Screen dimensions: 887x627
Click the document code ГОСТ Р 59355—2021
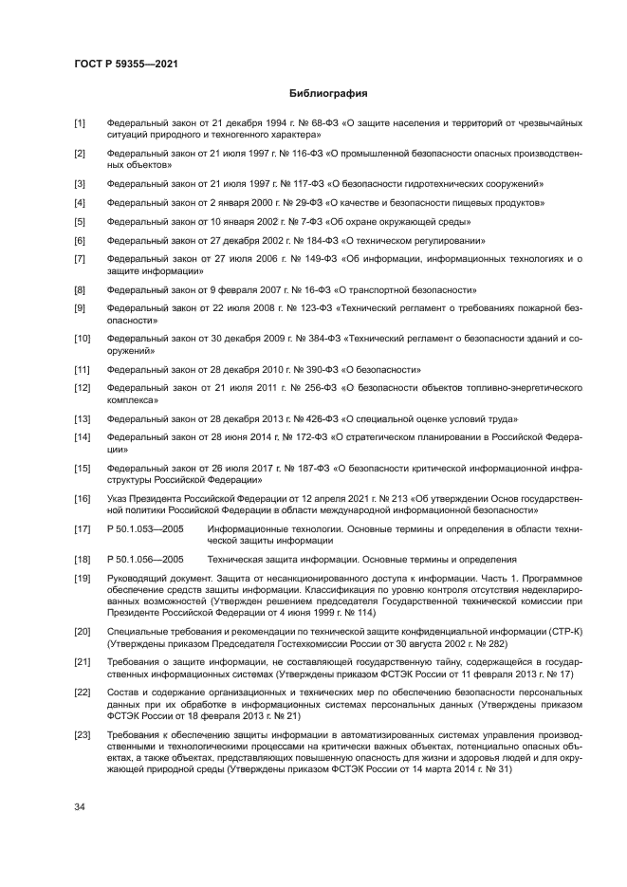pos(126,64)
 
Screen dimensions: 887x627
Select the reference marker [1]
pos(81,124)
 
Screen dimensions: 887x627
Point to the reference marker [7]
pos(81,259)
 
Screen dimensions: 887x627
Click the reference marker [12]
pos(83,388)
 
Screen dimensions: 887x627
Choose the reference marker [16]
pos(83,498)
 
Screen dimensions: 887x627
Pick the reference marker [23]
pos(83,735)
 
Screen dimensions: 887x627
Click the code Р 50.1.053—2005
pos(145,528)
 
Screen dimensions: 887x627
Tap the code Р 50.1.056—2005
pos(145,559)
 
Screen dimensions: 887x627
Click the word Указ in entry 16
pos(118,498)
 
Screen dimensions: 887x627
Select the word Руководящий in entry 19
pos(136,578)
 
